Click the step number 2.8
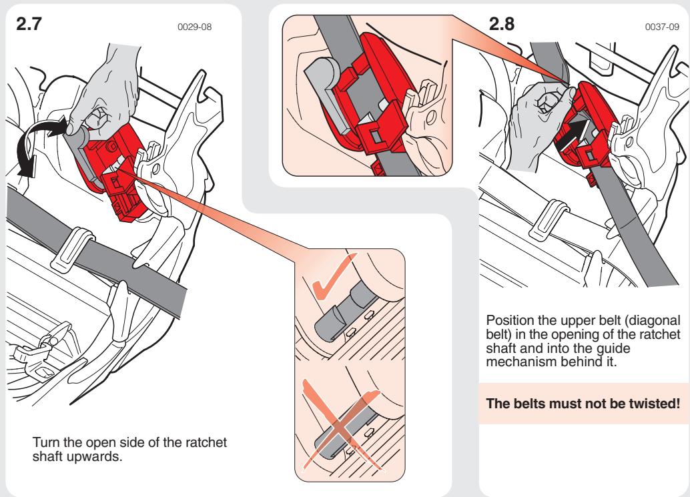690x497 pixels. (502, 25)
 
